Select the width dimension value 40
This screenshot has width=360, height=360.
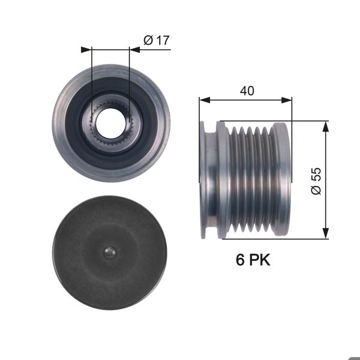(247, 91)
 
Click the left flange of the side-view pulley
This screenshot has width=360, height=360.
(209, 180)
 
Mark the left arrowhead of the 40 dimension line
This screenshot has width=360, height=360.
(203, 100)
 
